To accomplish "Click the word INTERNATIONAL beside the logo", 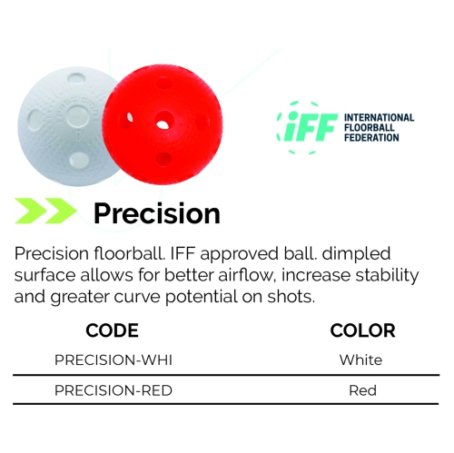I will tap(379, 118).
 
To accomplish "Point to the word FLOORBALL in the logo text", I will tap(370, 127).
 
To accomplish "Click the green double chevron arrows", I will tap(45, 212).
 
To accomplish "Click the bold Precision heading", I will tap(157, 213).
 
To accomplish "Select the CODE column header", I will tap(112, 330).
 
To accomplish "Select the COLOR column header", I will tap(362, 330).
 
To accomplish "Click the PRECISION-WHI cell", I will tap(113, 360).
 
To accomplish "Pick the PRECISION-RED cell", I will tap(113, 391).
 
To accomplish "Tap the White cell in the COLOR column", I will tap(360, 360).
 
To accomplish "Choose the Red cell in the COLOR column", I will tap(362, 391).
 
